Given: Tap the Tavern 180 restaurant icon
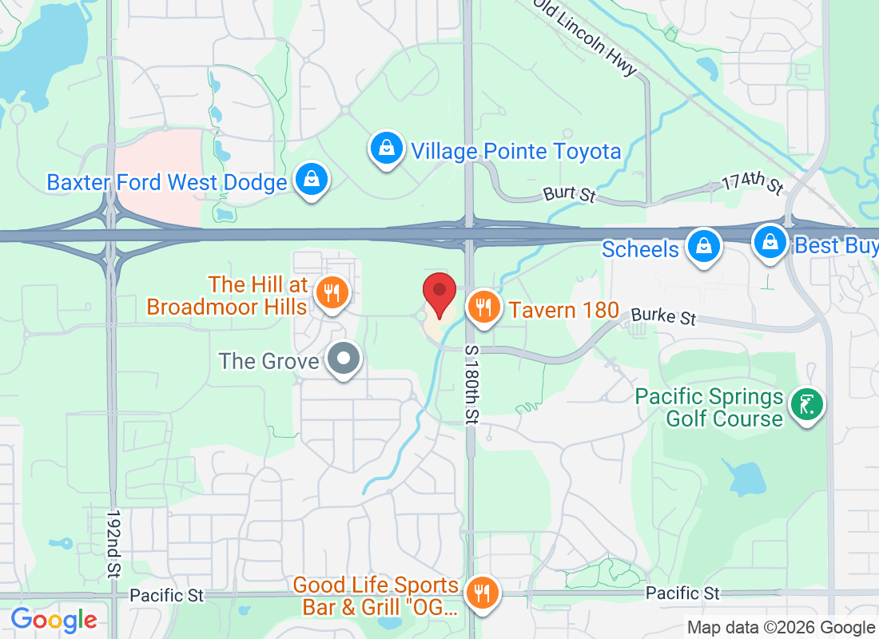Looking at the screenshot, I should (x=483, y=307).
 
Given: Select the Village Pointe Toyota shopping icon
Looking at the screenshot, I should (x=386, y=149).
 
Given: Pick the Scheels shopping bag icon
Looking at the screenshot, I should (x=704, y=246).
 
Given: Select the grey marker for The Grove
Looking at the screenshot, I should (x=344, y=359).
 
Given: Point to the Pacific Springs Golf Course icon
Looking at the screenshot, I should (x=805, y=405).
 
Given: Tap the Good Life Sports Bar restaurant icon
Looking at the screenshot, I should (x=482, y=593).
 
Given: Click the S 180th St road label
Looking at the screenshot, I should (x=471, y=383).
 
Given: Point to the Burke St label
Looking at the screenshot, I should (x=663, y=316).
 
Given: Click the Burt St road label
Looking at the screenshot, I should (x=570, y=193).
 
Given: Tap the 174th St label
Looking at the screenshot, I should (x=752, y=183).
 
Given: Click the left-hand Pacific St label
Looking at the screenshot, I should (x=166, y=595).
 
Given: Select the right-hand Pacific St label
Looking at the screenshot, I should (x=682, y=593).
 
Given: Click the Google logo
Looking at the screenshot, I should (x=54, y=620).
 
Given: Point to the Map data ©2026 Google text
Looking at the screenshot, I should (x=781, y=628).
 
